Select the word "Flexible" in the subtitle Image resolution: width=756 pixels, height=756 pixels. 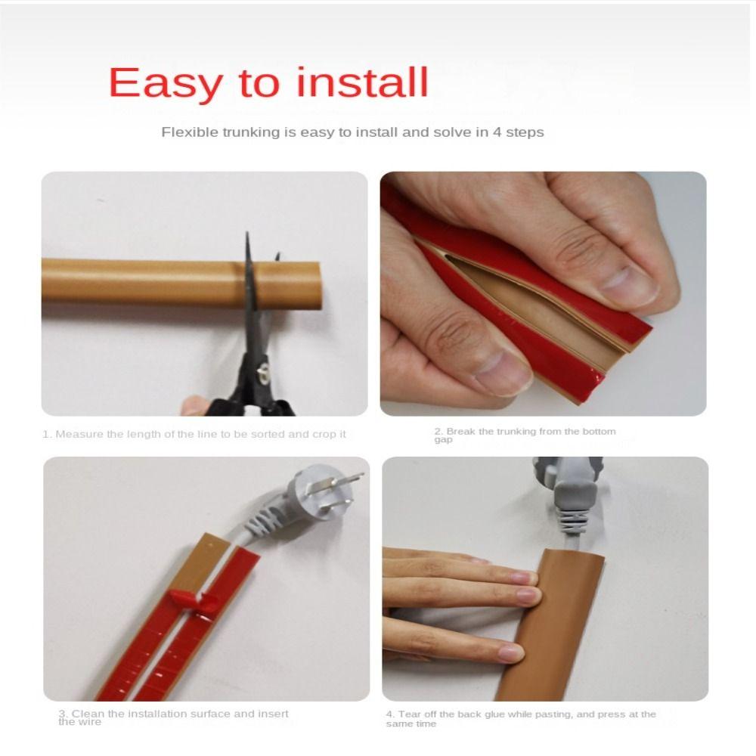[190, 132]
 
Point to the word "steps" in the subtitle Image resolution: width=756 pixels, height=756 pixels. [525, 132]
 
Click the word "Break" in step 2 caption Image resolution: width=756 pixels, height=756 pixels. [462, 432]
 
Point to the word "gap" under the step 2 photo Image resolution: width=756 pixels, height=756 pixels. [443, 440]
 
